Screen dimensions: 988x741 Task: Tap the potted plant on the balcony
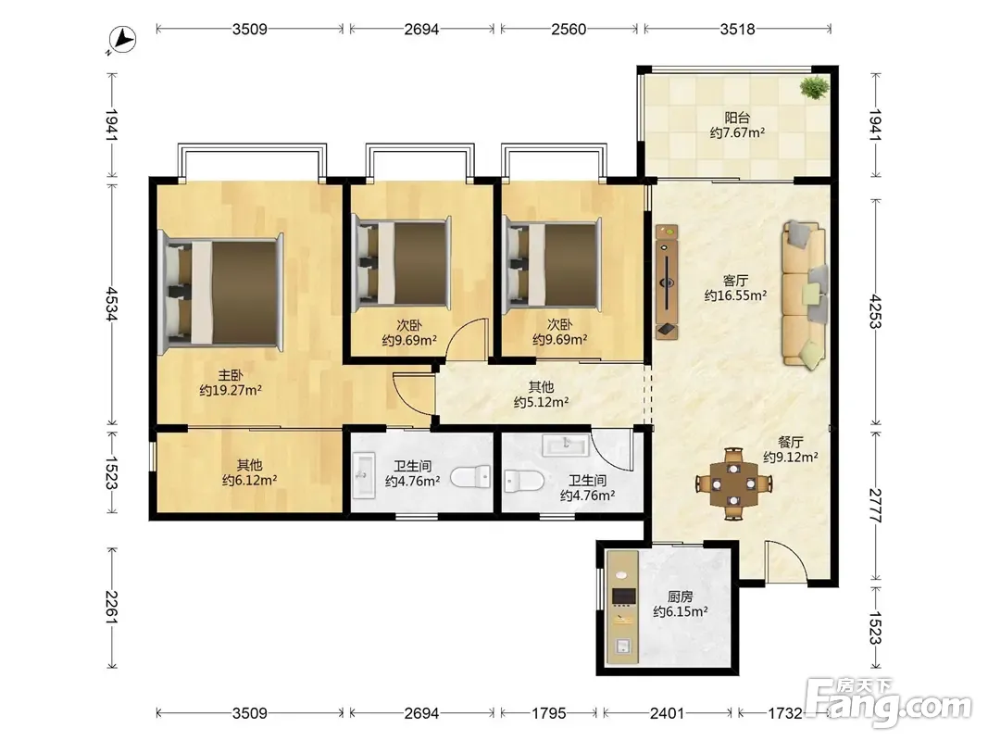coord(815,87)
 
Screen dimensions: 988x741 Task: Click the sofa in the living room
coord(805,295)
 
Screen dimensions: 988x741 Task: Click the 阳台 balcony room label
coord(737,118)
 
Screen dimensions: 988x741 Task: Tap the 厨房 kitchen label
coord(680,597)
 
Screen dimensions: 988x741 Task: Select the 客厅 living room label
coord(735,280)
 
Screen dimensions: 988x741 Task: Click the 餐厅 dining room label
coord(790,443)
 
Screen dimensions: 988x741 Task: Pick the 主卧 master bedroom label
coord(231,375)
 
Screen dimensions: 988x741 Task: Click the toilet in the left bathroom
coord(470,476)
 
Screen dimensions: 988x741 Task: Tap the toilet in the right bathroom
coord(524,482)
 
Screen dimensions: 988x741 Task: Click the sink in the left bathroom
coord(363,475)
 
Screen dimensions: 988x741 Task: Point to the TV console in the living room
coord(667,282)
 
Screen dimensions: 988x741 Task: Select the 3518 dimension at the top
coord(737,29)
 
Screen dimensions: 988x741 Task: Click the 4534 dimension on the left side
coord(111,305)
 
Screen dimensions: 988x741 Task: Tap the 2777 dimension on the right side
coord(875,506)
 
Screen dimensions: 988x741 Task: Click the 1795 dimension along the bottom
coord(549,713)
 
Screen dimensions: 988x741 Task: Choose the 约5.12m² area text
coord(542,402)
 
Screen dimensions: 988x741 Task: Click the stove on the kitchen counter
coord(624,597)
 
